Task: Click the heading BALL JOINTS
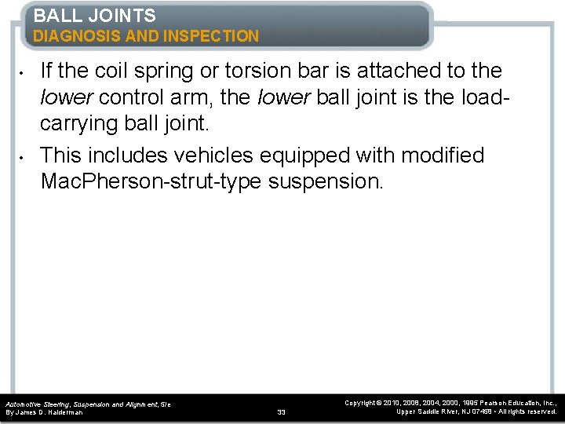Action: click(x=94, y=15)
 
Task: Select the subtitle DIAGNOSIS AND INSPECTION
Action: click(x=146, y=35)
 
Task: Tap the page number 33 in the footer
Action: click(x=282, y=411)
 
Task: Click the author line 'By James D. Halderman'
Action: click(x=44, y=412)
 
